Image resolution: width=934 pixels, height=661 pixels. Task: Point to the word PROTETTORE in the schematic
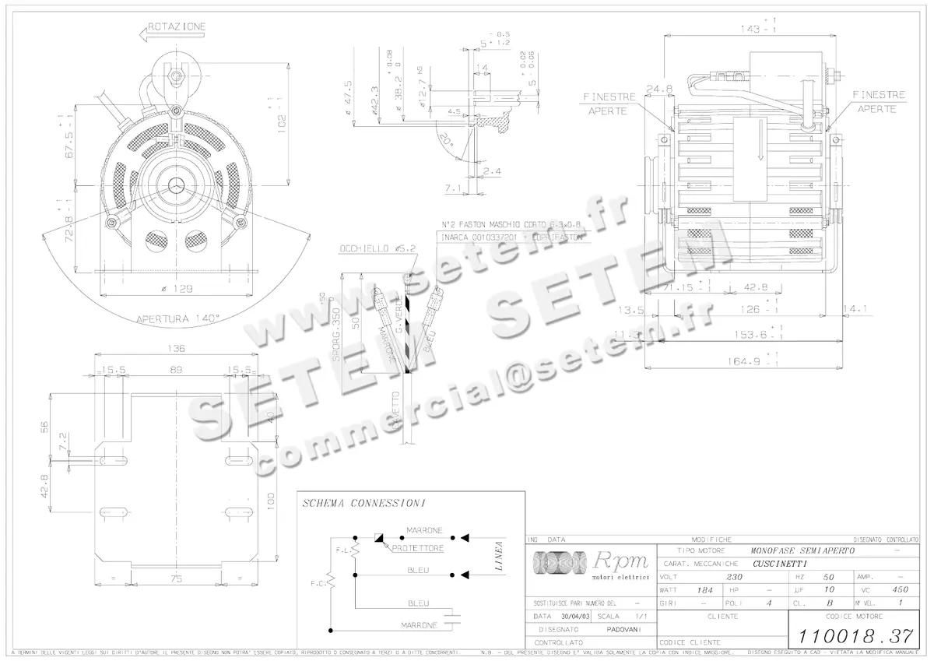click(x=417, y=548)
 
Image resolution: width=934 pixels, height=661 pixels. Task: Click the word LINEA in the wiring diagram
click(x=499, y=557)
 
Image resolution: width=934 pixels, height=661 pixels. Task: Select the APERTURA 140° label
click(x=178, y=318)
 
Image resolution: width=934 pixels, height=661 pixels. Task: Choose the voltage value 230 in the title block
click(x=734, y=577)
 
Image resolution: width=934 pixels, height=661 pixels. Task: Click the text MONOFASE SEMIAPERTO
click(x=804, y=550)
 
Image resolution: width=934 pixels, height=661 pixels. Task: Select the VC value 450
click(x=901, y=590)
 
